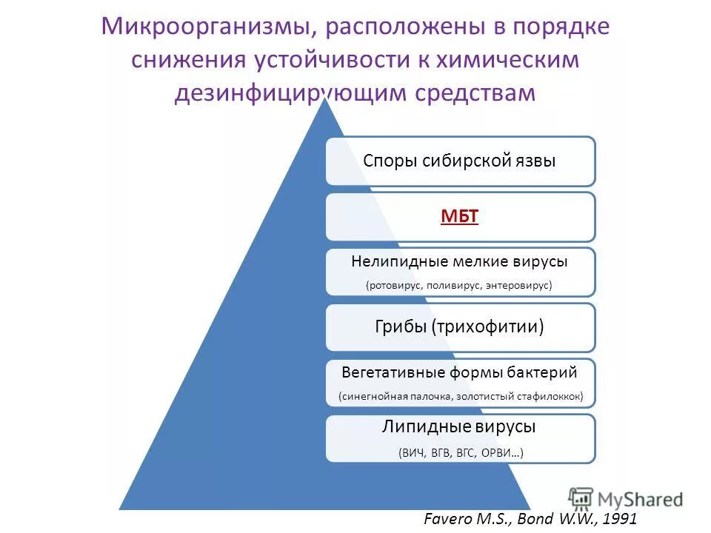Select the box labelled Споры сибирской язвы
tap(460, 161)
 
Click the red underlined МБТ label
tap(460, 217)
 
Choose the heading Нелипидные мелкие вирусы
tap(460, 261)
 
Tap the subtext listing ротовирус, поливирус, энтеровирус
tap(460, 285)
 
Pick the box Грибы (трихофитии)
tap(460, 326)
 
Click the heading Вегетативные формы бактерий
tap(460, 372)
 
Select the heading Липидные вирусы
tap(460, 427)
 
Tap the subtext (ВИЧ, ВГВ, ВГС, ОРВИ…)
tap(460, 452)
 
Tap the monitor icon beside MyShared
tap(581, 497)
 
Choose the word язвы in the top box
tap(535, 161)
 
